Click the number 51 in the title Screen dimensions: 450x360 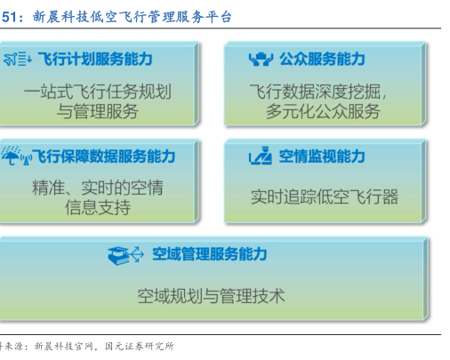coord(10,17)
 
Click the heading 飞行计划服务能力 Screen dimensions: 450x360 coord(95,59)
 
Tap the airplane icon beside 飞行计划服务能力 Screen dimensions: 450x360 coord(11,59)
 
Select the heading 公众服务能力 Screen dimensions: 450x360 coord(322,59)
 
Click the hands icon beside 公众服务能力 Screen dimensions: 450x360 coord(261,59)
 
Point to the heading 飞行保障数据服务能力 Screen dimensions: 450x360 coord(103,156)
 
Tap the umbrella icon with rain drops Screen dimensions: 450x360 coord(11,155)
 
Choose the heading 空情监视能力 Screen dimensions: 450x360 coord(322,156)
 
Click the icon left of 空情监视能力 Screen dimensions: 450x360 coord(261,156)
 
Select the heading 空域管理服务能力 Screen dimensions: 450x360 coord(210,254)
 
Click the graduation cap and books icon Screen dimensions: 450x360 coord(118,255)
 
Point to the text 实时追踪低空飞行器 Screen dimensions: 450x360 coord(325,196)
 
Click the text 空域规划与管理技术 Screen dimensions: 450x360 coord(211,296)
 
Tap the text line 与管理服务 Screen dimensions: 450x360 coord(98,111)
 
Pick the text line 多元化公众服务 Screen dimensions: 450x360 coord(323,111)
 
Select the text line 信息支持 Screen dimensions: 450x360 coord(98,207)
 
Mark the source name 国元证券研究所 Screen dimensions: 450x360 coord(140,346)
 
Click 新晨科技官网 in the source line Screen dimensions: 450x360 coord(64,346)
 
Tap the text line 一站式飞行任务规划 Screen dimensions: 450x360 coord(98,92)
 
